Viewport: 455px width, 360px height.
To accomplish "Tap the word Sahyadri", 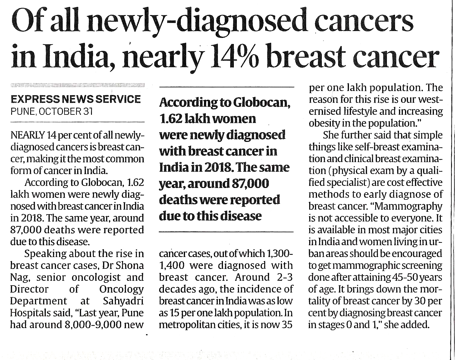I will pos(123,301).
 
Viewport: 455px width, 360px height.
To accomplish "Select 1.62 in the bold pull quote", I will pos(170,119).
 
